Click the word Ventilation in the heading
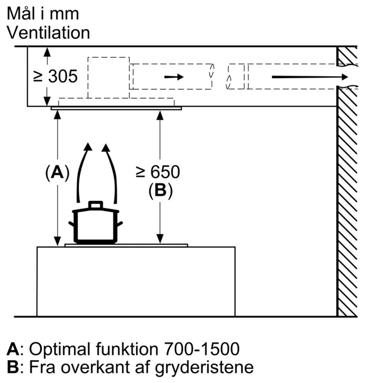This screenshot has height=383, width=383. (x=48, y=33)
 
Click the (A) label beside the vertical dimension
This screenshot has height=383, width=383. (x=57, y=173)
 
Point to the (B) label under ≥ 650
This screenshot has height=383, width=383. (x=160, y=191)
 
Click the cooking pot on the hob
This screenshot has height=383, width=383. (x=95, y=225)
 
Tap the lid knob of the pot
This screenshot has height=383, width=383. (x=95, y=205)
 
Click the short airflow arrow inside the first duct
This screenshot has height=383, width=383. (x=174, y=77)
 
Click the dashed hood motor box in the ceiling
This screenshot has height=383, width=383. (x=108, y=77)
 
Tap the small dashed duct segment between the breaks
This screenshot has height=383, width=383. (x=236, y=77)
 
